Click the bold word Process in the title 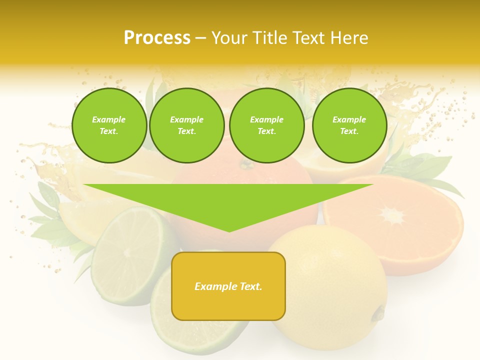coord(157,38)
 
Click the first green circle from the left coord(109,125)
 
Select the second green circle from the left coord(186,125)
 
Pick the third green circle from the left coord(266,125)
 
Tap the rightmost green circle coord(349,125)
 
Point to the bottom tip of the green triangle coord(229,231)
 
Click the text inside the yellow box coord(228,286)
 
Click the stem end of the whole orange coord(245,163)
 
